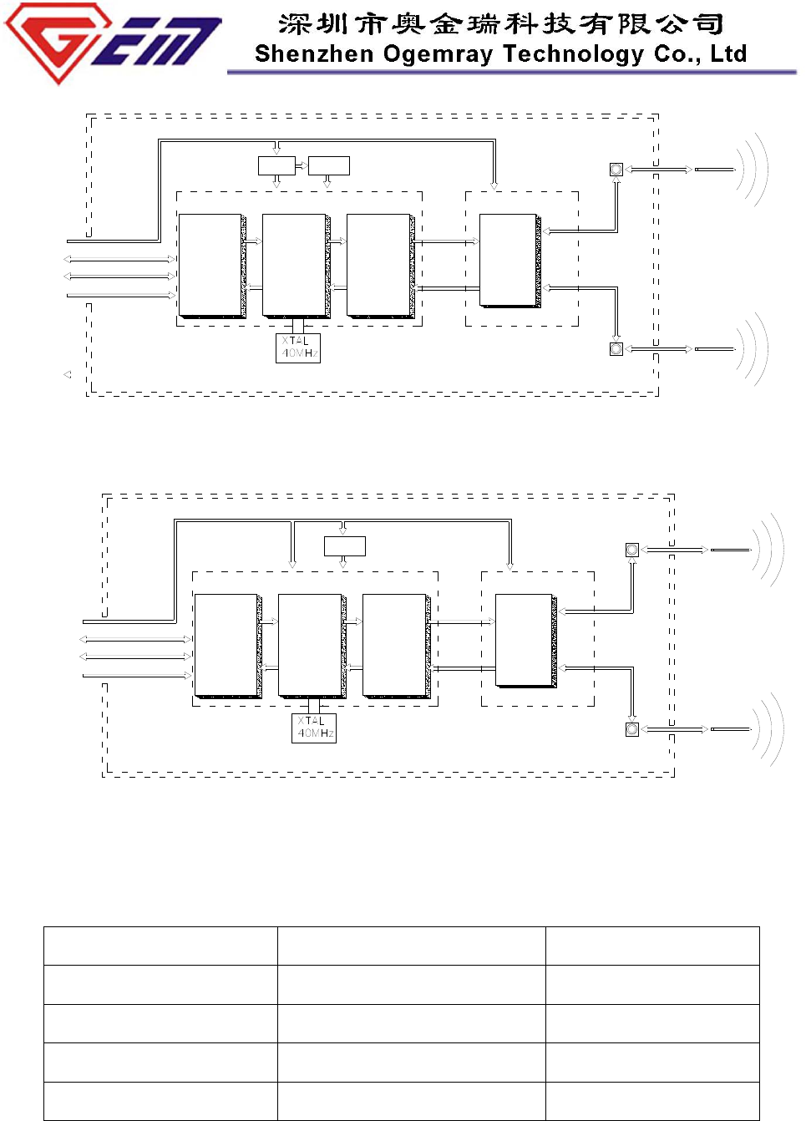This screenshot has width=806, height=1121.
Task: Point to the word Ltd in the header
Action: point(728,53)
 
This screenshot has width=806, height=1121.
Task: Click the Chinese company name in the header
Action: point(501,24)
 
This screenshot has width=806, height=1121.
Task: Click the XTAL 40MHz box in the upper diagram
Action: point(298,347)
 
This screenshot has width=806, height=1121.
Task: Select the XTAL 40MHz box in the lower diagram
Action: point(314,728)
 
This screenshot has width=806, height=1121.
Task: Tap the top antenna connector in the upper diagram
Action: point(616,170)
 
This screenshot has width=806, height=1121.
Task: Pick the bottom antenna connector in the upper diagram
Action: point(616,349)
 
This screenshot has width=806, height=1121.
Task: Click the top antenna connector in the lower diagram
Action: point(632,550)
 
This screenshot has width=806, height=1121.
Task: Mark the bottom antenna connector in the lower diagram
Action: point(632,729)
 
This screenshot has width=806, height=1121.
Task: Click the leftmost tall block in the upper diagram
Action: point(210,265)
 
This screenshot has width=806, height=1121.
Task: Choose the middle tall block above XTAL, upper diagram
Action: point(294,265)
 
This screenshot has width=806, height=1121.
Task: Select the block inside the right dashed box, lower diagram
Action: point(525,640)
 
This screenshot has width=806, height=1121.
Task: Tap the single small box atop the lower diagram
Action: point(345,546)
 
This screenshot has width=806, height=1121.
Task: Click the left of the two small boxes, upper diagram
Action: point(276,165)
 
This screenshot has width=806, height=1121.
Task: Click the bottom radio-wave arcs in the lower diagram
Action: point(768,729)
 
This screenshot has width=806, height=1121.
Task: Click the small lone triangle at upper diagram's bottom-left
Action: point(68,375)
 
